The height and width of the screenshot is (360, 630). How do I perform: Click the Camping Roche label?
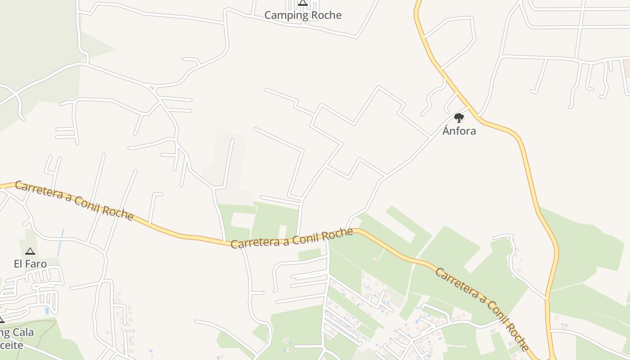(303, 15)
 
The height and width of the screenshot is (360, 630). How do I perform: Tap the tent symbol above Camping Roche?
(303, 3)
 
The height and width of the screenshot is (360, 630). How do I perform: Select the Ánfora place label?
(459, 131)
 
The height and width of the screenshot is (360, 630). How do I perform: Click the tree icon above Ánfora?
(459, 118)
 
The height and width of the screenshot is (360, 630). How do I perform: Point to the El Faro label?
(30, 264)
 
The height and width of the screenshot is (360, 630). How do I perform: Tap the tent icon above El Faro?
(30, 251)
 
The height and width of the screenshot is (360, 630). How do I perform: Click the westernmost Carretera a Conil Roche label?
(74, 200)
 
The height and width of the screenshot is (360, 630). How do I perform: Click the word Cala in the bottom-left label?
(23, 333)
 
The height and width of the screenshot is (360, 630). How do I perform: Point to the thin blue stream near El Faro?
(60, 243)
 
